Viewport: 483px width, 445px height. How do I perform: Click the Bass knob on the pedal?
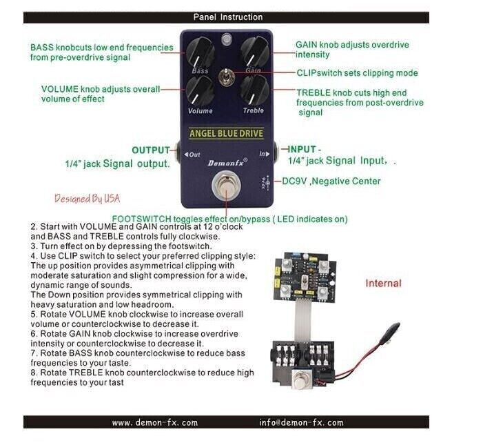(200, 52)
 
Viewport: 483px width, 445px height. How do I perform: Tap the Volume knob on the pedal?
(200, 90)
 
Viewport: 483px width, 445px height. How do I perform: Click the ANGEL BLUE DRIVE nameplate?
(226, 133)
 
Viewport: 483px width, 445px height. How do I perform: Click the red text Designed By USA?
(88, 199)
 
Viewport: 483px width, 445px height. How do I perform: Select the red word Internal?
(383, 283)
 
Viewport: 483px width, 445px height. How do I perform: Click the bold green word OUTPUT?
(151, 150)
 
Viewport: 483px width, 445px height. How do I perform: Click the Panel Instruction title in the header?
(227, 17)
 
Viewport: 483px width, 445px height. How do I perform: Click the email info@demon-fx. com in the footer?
(301, 422)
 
